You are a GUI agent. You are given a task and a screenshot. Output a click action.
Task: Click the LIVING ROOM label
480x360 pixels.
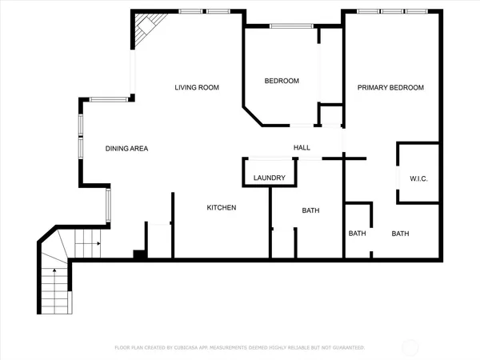[197, 87]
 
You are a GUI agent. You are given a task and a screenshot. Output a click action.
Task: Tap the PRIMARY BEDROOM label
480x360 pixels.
[390, 87]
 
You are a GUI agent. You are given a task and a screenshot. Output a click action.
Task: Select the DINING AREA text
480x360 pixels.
[126, 148]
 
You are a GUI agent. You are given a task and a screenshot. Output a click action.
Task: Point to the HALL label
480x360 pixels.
[302, 148]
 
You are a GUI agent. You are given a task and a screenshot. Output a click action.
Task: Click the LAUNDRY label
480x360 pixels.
[269, 178]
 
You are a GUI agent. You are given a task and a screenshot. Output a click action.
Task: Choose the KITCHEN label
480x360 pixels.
[222, 208]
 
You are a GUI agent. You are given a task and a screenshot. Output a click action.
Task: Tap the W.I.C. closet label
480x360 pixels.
[418, 178]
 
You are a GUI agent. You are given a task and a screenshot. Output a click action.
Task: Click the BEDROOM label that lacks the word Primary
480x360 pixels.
[282, 81]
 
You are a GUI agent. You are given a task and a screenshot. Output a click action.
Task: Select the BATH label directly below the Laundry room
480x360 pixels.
[310, 211]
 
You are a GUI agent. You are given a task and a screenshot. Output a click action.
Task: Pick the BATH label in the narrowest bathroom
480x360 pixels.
[357, 234]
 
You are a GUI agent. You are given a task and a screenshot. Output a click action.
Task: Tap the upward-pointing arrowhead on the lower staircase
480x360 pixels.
[54, 271]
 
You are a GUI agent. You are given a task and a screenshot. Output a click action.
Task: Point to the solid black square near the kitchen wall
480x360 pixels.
[138, 254]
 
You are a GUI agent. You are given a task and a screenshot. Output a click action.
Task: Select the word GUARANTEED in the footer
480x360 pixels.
[347, 348]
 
